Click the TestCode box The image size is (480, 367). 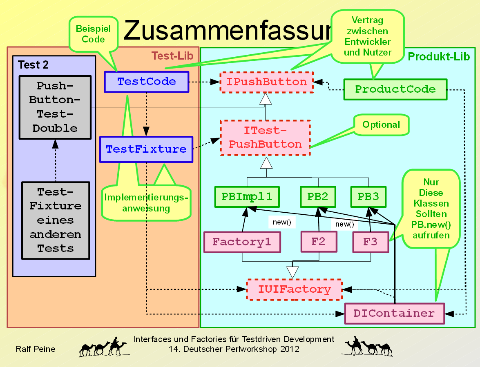click(146, 82)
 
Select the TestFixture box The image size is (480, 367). click(146, 149)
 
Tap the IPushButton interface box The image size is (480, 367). click(266, 82)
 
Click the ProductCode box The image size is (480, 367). click(395, 89)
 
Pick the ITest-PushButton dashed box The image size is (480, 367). click(266, 138)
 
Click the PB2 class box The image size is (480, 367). click(318, 197)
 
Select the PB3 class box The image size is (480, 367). click(368, 197)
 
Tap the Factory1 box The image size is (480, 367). click(242, 242)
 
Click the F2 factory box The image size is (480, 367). click(318, 241)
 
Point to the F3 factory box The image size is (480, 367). click(371, 242)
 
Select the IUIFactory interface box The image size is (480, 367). click(295, 290)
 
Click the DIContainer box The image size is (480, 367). click(394, 314)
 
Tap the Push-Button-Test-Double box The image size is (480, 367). click(55, 107)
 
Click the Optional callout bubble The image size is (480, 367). click(381, 125)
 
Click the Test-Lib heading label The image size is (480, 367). click(172, 56)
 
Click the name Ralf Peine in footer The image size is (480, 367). click(36, 349)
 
